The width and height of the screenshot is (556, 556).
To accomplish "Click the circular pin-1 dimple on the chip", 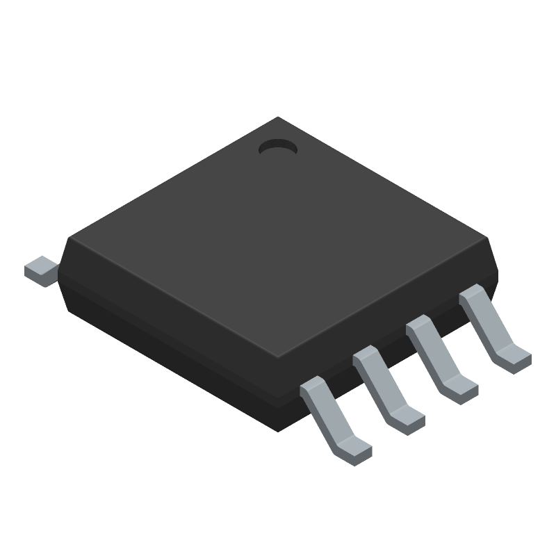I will click(x=277, y=147).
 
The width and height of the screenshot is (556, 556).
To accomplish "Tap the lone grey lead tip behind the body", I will click(x=41, y=270).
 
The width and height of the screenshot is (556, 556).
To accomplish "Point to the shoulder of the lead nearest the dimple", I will click(x=472, y=293).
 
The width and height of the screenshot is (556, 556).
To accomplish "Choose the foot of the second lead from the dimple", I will click(x=461, y=390).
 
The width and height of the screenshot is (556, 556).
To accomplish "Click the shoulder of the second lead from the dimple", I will click(x=419, y=324).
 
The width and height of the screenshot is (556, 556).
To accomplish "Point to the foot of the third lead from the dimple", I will click(x=408, y=420).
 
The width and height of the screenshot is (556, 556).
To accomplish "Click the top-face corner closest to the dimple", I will click(x=278, y=117).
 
